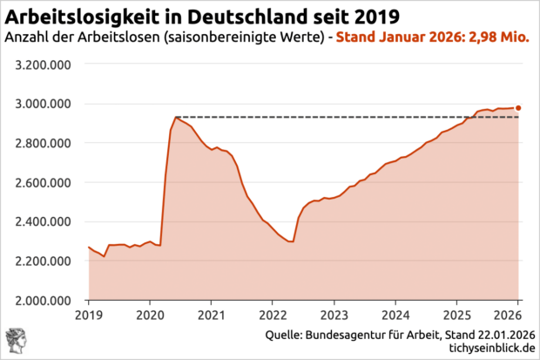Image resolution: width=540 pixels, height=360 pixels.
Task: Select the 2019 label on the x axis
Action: (x=89, y=314)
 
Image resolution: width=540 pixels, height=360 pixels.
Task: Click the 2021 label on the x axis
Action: (x=211, y=314)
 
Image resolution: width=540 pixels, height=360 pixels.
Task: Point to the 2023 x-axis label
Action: (x=334, y=314)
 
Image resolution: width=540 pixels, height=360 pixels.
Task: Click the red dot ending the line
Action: (x=518, y=108)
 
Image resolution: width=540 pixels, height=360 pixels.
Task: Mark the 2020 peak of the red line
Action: (x=176, y=117)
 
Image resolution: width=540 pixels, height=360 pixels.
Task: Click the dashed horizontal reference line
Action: (x=348, y=117)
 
